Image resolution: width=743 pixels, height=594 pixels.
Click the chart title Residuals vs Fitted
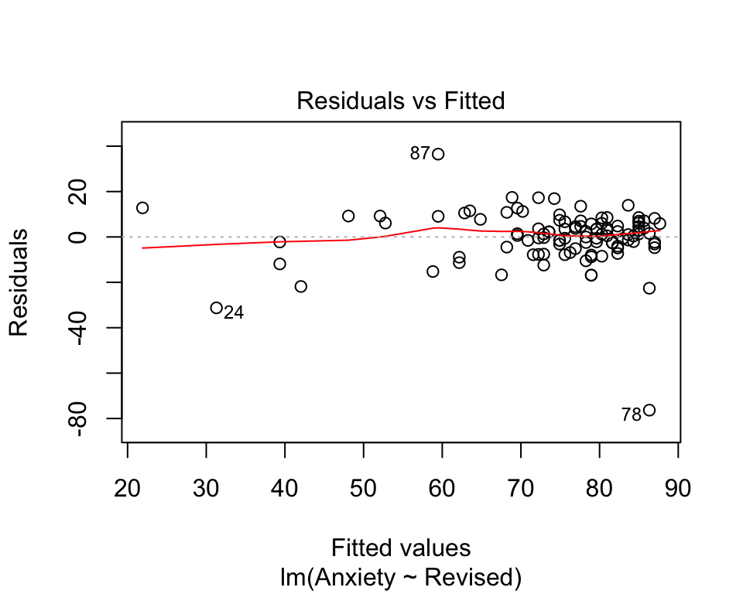tap(401, 101)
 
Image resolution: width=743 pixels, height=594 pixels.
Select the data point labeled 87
tap(438, 154)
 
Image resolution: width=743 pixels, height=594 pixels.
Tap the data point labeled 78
tap(649, 410)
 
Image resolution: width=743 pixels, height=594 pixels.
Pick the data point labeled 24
tap(217, 308)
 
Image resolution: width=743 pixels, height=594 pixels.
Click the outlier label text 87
tap(419, 154)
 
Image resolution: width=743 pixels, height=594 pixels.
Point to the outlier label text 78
tap(631, 415)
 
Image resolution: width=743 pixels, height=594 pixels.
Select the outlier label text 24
tap(234, 313)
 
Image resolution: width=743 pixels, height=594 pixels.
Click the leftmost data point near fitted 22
tap(142, 208)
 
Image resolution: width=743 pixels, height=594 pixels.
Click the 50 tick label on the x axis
tap(364, 490)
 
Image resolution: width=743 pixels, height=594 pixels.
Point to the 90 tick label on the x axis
tap(679, 490)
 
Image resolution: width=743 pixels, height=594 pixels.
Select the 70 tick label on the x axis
tap(522, 490)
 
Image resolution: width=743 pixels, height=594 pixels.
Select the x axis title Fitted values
tap(401, 548)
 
